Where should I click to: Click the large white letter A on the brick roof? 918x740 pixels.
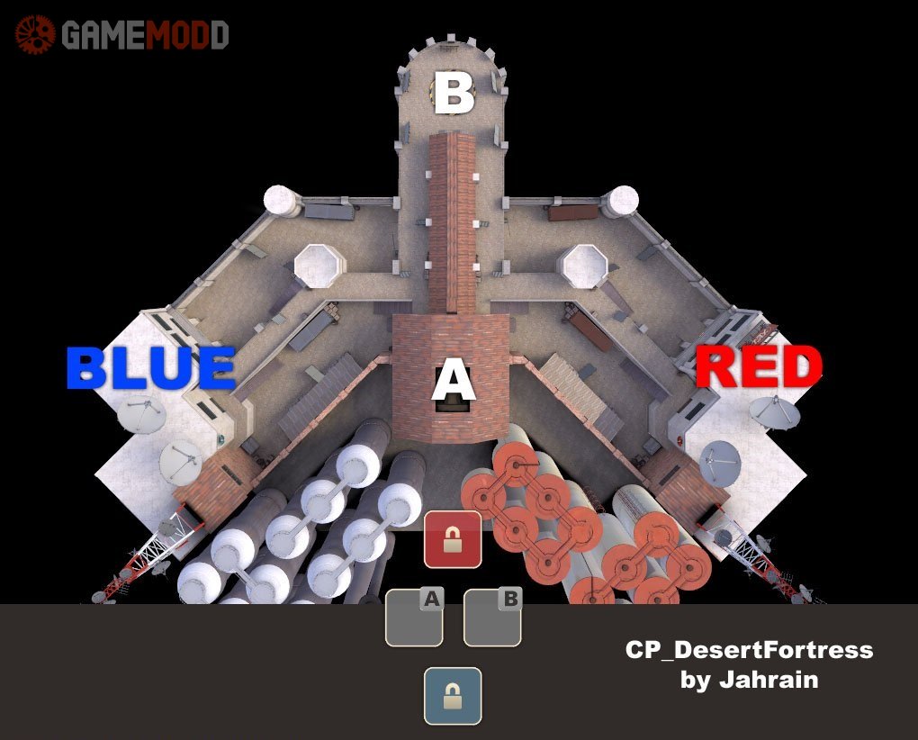[453, 381]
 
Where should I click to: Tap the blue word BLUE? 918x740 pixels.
[150, 369]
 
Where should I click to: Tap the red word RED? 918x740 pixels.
[759, 366]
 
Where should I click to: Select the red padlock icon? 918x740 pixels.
[453, 539]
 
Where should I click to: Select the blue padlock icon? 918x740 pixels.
[453, 696]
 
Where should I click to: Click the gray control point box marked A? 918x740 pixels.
[414, 618]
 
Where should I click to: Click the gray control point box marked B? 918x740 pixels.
[492, 618]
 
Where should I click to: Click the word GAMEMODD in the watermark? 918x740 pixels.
[145, 35]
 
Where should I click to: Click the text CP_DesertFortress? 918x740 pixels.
[749, 650]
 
